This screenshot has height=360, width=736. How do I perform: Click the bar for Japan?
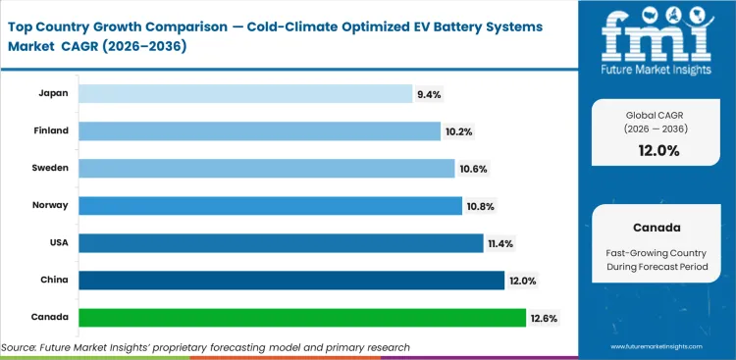pyautogui.click(x=245, y=93)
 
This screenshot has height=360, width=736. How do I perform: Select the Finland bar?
pyautogui.click(x=259, y=130)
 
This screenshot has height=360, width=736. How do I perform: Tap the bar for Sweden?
pyautogui.click(x=266, y=168)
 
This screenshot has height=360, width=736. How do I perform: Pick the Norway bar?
pyautogui.click(x=270, y=205)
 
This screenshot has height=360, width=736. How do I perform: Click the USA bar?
pyautogui.click(x=280, y=242)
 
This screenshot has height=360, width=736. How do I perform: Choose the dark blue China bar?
pyautogui.click(x=290, y=281)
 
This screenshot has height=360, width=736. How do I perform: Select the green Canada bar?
pyautogui.click(x=301, y=318)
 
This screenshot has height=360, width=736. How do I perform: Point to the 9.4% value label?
pyautogui.click(x=430, y=94)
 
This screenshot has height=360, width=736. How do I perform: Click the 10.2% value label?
pyautogui.click(x=458, y=131)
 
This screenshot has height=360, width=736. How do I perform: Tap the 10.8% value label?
pyautogui.click(x=480, y=206)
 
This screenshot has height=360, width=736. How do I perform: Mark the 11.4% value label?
pyautogui.click(x=499, y=243)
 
